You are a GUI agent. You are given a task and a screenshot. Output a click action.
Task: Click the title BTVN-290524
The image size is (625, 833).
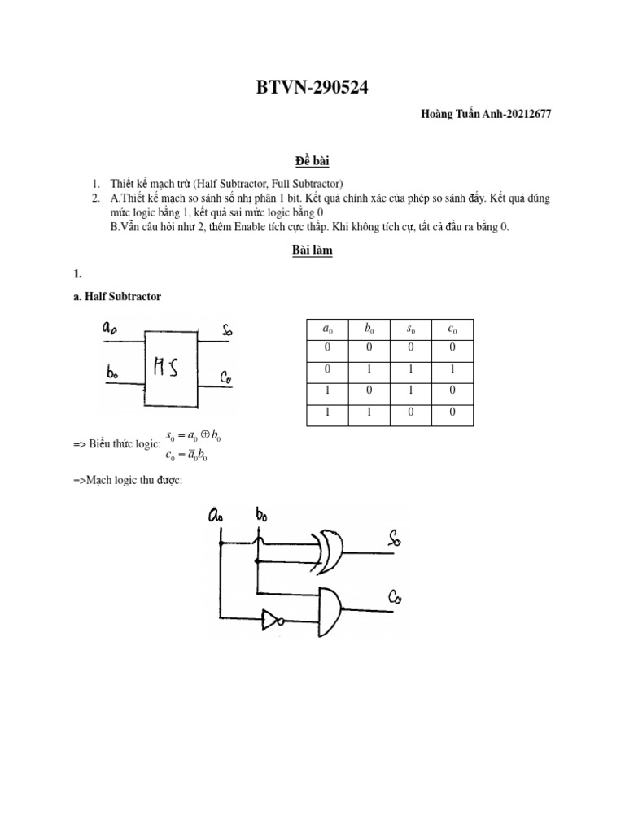pyautogui.click(x=312, y=88)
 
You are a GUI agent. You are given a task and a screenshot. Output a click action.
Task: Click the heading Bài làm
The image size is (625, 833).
pyautogui.click(x=312, y=251)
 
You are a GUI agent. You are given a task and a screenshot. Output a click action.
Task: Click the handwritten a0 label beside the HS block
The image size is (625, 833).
pyautogui.click(x=109, y=329)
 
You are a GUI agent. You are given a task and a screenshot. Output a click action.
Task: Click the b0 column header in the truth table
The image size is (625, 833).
pyautogui.click(x=369, y=329)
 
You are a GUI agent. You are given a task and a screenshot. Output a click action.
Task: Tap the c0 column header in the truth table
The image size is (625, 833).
pyautogui.click(x=452, y=329)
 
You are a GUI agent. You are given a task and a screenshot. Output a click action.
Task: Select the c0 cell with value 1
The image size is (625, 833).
pyautogui.click(x=452, y=369)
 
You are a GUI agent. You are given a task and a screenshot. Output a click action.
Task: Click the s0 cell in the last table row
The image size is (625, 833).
pyautogui.click(x=410, y=413)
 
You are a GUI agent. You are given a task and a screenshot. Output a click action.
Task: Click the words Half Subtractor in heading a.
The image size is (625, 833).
pyautogui.click(x=123, y=297)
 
